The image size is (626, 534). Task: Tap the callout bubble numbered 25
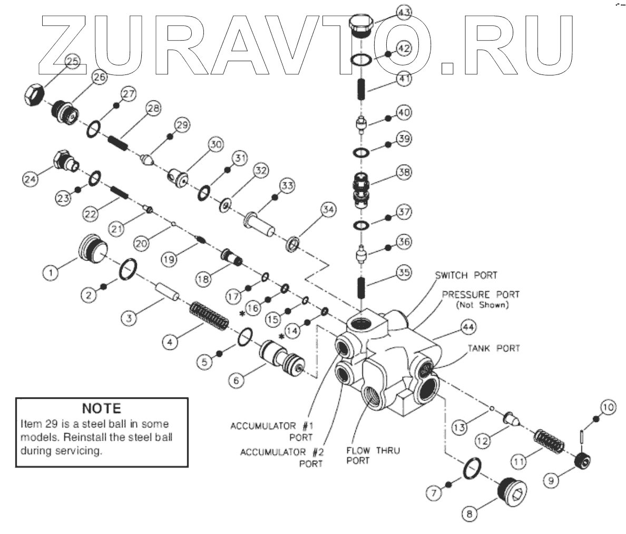tap(72, 61)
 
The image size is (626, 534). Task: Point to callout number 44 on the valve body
tap(468, 328)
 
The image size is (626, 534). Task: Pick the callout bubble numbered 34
tap(328, 210)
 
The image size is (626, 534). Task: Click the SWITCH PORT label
tap(466, 275)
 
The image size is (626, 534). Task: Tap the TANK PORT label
tap(493, 348)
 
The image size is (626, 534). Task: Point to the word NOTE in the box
tap(102, 408)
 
